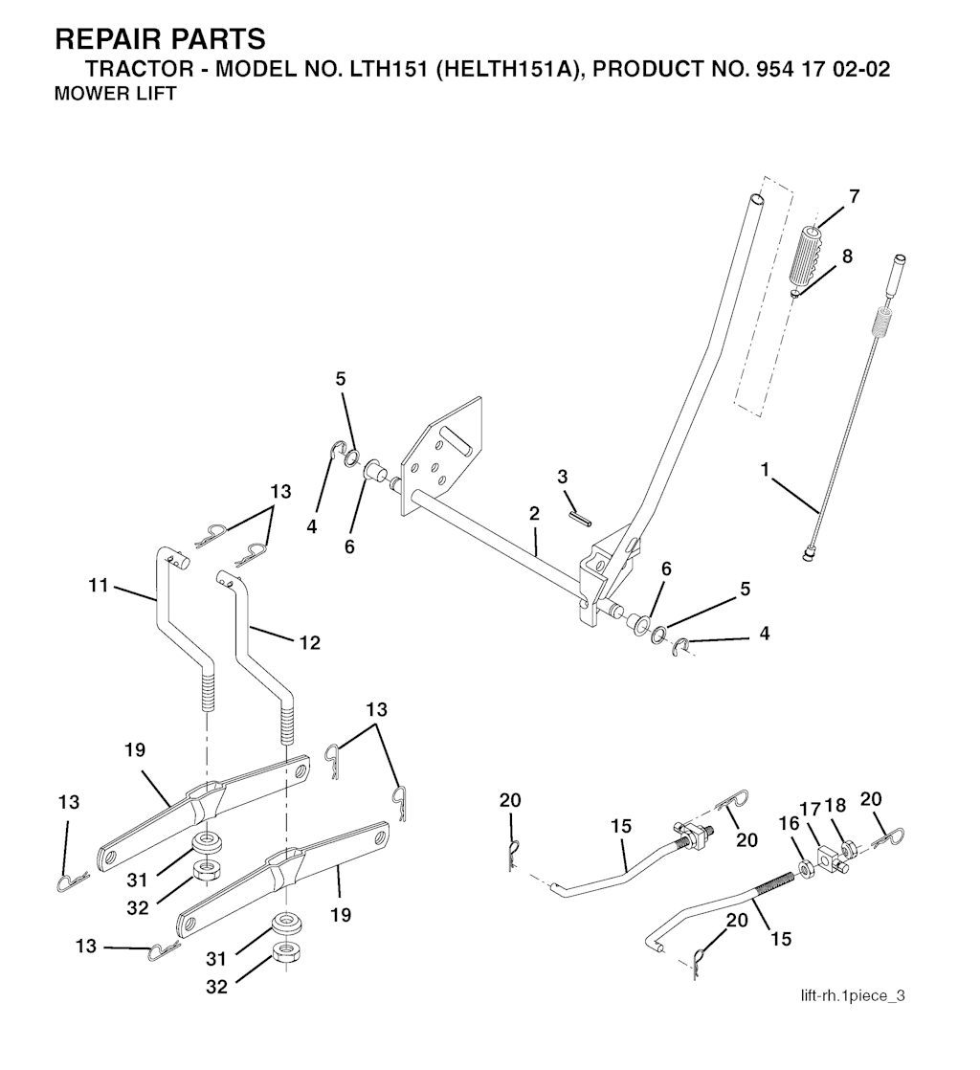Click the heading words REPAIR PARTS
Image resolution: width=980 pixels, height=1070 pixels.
[x=160, y=39]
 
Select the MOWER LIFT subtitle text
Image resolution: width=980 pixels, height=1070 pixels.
[x=115, y=94]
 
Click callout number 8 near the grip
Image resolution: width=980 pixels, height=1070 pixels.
[x=847, y=256]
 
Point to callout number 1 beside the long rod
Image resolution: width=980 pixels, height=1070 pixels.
[x=765, y=470]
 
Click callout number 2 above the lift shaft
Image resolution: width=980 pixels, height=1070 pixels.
[x=534, y=514]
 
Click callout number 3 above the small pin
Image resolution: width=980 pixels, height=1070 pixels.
[x=562, y=477]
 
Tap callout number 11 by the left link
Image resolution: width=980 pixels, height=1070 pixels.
[x=99, y=585]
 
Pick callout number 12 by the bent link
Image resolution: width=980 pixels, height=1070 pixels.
[x=309, y=643]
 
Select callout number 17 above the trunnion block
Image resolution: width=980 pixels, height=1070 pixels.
[x=810, y=810]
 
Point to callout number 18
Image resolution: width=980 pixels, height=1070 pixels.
[x=835, y=805]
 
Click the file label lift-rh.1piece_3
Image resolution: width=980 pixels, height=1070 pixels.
[x=853, y=995]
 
